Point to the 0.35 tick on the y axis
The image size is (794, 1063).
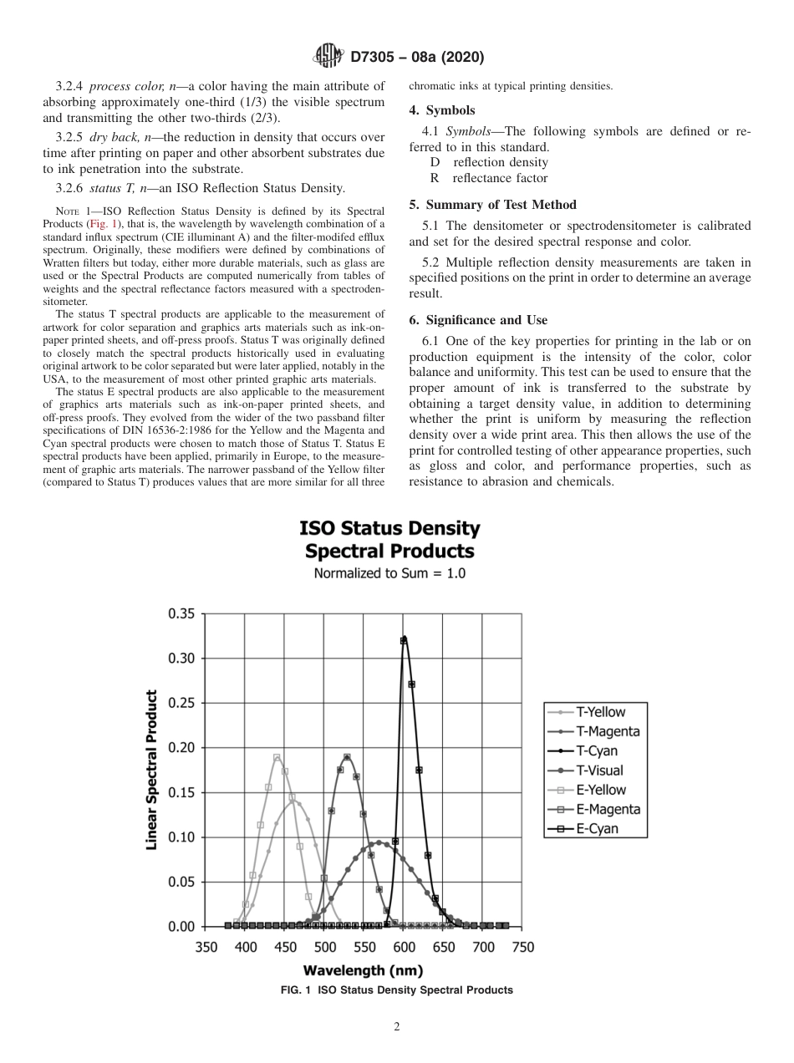(181, 613)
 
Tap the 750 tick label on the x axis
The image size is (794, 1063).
(522, 948)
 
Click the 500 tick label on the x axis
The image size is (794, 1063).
(324, 948)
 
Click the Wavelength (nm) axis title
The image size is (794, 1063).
(363, 970)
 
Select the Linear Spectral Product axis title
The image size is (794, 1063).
(152, 770)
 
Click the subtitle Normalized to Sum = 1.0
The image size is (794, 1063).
(389, 573)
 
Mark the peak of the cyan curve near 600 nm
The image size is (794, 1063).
(404, 639)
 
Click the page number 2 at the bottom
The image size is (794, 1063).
(397, 1027)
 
